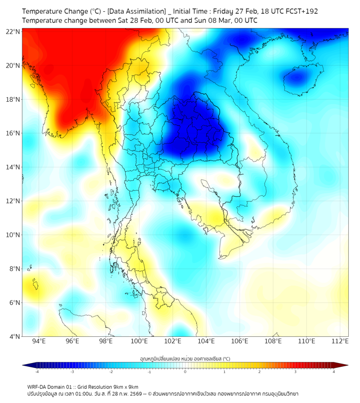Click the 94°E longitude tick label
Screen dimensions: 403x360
pos(39,341)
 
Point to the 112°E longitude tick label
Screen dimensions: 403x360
pos(340,341)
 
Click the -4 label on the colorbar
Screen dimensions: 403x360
pos(37,372)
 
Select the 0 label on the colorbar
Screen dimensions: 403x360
pos(185,372)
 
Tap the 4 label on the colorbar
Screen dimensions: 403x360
pos(334,372)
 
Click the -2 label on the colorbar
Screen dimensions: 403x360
pos(111,372)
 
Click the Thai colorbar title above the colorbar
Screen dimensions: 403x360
pos(185,358)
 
